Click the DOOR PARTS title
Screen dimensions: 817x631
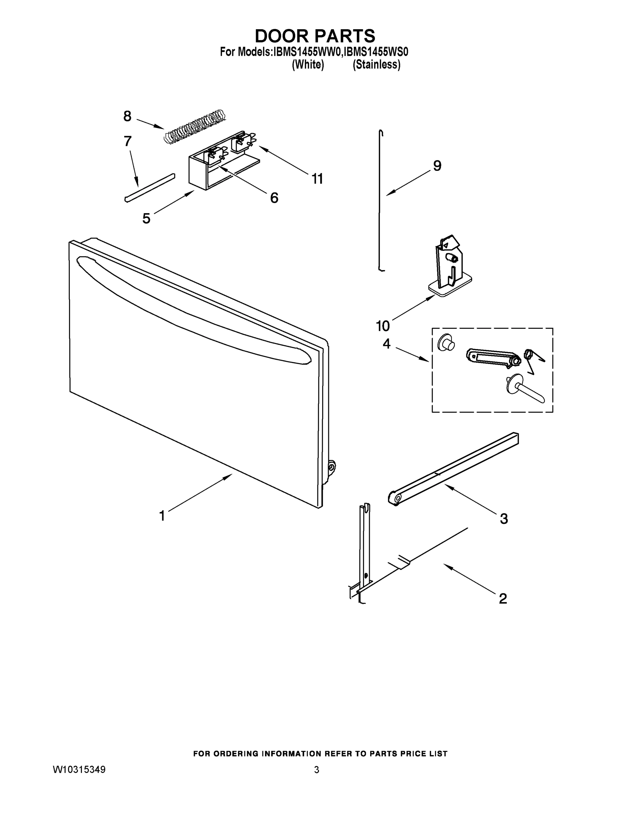pyautogui.click(x=315, y=36)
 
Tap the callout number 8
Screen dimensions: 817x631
pyautogui.click(x=128, y=116)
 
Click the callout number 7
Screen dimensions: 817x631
pyautogui.click(x=128, y=141)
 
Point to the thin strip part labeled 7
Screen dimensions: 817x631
pyautogui.click(x=150, y=188)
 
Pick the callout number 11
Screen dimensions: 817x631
pyautogui.click(x=317, y=179)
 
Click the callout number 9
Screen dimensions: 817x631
pyautogui.click(x=437, y=165)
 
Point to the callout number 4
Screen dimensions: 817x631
pyautogui.click(x=386, y=344)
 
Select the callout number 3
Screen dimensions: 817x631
pyautogui.click(x=504, y=518)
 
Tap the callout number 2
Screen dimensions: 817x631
pyautogui.click(x=503, y=598)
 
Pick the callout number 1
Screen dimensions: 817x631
pyautogui.click(x=162, y=516)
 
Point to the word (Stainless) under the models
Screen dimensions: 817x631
pyautogui.click(x=377, y=65)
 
